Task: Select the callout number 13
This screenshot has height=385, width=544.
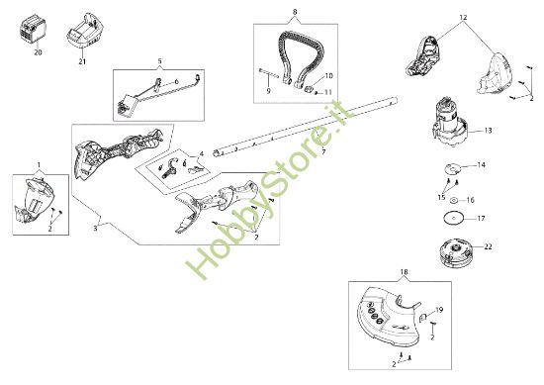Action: click(488, 129)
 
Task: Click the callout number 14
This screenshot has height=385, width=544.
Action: click(482, 164)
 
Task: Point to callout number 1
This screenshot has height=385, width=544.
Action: click(40, 162)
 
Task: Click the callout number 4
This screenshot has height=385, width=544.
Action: click(203, 153)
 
